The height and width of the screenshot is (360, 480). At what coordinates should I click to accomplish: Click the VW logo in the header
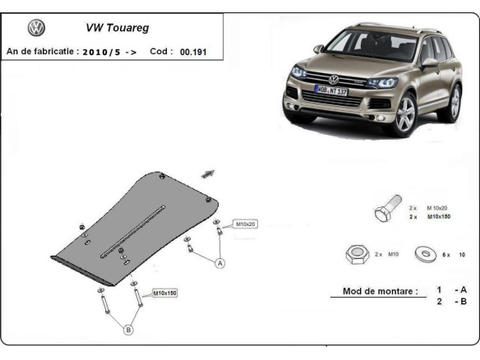(x=36, y=28)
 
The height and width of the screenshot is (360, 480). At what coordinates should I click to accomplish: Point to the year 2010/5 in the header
(x=104, y=51)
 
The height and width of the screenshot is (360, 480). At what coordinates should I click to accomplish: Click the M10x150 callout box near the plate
(x=165, y=292)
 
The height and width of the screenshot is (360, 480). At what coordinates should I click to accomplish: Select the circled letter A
(x=220, y=263)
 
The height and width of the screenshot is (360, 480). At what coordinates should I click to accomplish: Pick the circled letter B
(x=128, y=330)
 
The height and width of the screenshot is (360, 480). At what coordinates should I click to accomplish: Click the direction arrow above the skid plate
(x=206, y=173)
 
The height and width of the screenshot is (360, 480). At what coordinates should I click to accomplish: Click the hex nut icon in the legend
(x=355, y=254)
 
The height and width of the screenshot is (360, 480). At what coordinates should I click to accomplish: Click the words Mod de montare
(x=374, y=291)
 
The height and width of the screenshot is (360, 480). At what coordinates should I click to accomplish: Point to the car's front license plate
(x=331, y=90)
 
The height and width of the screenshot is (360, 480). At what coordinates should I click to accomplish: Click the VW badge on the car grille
(x=334, y=79)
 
